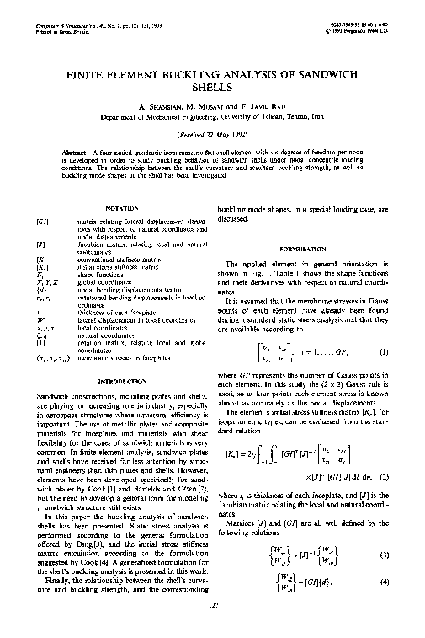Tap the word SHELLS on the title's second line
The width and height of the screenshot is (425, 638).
(213, 86)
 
